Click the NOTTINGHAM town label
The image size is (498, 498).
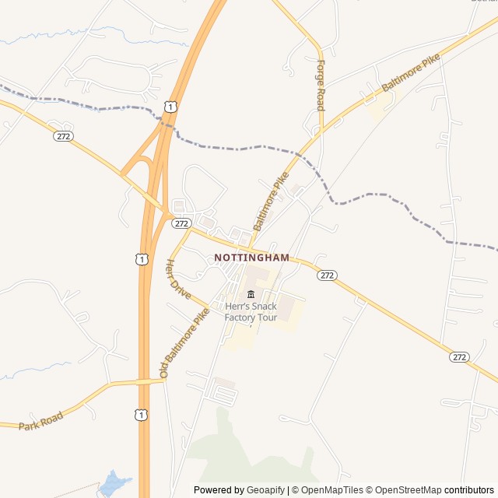coord(251,258)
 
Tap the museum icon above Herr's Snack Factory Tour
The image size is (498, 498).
coord(251,294)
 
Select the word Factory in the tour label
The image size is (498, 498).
coord(239,317)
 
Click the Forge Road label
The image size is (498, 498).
coord(320,85)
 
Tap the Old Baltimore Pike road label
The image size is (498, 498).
coord(184,343)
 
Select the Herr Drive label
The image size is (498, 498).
coord(178,279)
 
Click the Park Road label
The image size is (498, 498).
coord(40,420)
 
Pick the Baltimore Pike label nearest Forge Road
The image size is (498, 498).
coord(411,74)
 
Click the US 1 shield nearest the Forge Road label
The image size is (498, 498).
coord(170,106)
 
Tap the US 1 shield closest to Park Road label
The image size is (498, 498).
coord(140,416)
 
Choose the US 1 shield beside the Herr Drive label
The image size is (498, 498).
coord(140,258)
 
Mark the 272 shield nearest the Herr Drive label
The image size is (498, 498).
coord(181,223)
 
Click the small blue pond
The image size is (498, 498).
coord(114,483)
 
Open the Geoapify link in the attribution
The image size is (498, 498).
coord(265,490)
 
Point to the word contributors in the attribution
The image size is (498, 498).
coord(469,490)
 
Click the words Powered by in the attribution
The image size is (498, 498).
coord(219,490)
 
